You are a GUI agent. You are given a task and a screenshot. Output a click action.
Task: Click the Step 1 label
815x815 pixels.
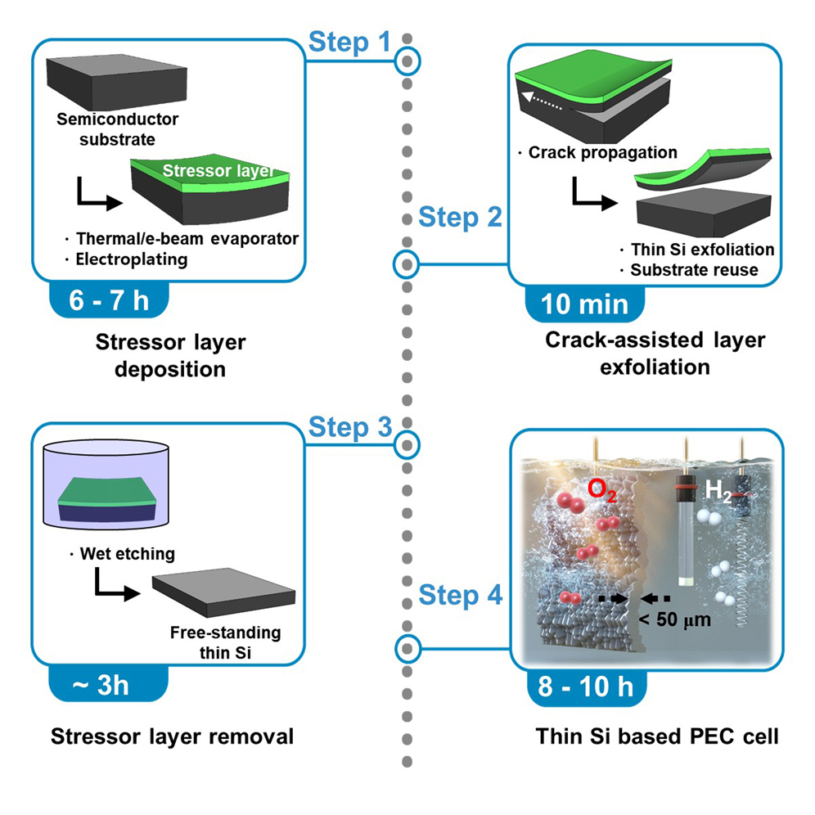(x=349, y=43)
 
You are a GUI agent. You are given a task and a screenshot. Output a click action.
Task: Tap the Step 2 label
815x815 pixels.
(x=460, y=218)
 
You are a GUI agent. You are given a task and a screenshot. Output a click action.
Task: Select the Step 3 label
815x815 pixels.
(x=349, y=427)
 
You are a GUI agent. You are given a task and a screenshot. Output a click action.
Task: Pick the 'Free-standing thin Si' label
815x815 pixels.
(x=225, y=642)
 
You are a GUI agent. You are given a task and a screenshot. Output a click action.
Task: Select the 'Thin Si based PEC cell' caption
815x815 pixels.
(x=657, y=736)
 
